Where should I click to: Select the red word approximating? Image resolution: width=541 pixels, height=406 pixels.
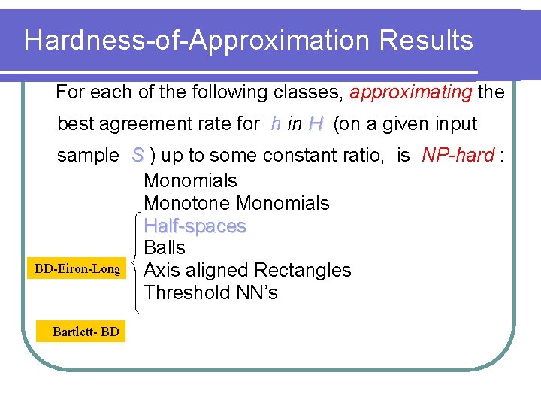(x=411, y=92)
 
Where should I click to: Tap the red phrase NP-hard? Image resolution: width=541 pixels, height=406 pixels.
(x=458, y=156)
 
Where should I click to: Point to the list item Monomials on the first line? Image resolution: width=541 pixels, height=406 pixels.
(x=190, y=180)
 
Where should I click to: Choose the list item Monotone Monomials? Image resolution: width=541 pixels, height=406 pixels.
(x=236, y=203)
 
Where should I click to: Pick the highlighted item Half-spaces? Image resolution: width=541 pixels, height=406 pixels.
(x=195, y=226)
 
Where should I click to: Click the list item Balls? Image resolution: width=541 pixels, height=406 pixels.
(x=164, y=247)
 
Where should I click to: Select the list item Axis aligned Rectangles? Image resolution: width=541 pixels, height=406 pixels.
(x=247, y=270)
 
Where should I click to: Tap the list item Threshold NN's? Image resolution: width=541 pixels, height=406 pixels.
(x=210, y=292)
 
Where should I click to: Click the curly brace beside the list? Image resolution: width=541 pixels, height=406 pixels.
(x=137, y=263)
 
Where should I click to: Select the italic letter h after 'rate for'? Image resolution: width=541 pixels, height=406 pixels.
(x=276, y=124)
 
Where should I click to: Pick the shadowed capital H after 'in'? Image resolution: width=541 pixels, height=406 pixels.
(x=316, y=124)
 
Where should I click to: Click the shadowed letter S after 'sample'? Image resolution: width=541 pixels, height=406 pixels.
(x=138, y=156)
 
